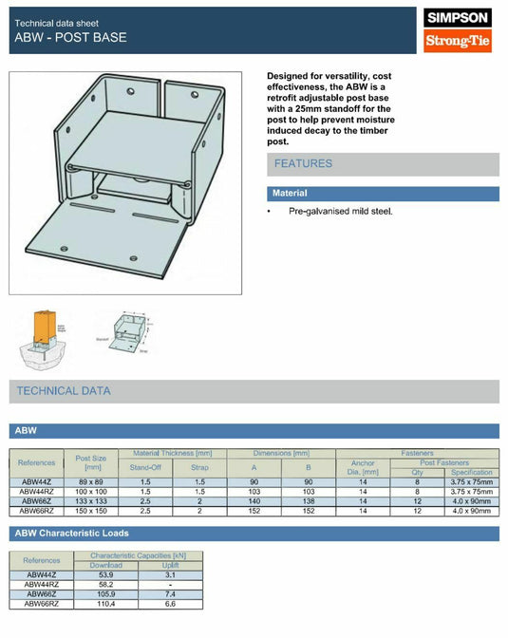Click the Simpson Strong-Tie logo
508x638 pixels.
click(x=458, y=29)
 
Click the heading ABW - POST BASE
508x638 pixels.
click(x=69, y=38)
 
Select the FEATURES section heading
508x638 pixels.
click(x=303, y=164)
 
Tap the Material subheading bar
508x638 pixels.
click(x=291, y=194)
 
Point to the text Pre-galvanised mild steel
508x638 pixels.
click(x=340, y=211)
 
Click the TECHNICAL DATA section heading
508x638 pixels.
click(x=63, y=391)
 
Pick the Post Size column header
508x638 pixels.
click(x=92, y=462)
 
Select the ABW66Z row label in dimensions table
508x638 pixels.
click(x=37, y=501)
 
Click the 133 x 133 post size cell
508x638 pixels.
click(x=92, y=501)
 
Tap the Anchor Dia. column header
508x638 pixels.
click(x=363, y=467)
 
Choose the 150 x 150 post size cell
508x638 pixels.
click(x=92, y=511)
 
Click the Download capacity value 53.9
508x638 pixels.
click(x=105, y=575)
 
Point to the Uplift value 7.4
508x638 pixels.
click(x=170, y=594)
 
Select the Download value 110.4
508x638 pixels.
click(x=105, y=604)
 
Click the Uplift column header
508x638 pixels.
click(x=170, y=566)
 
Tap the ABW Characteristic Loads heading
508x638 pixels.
click(x=73, y=534)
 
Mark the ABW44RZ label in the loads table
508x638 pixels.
click(x=41, y=585)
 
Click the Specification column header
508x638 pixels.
click(x=471, y=472)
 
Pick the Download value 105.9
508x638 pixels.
click(x=105, y=594)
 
